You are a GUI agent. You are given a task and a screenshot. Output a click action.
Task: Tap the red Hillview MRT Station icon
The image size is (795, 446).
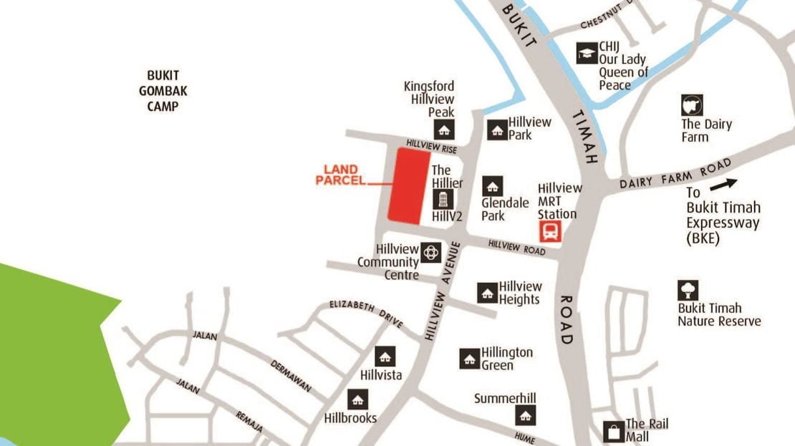point(550,231)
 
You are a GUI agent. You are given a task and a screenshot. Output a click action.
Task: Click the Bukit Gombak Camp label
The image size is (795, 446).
point(163,91)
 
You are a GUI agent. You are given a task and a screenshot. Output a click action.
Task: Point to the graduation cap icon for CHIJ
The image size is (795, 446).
point(587,53)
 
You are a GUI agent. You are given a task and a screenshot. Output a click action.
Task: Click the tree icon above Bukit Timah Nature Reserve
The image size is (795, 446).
point(688,290)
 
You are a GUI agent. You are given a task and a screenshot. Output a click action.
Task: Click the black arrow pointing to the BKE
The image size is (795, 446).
point(723,184)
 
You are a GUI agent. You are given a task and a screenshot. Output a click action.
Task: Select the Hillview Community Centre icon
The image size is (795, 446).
point(431,252)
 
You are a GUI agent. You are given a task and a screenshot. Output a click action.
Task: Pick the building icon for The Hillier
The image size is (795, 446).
point(443,199)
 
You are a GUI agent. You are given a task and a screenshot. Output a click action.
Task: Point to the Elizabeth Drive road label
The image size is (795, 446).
point(366,314)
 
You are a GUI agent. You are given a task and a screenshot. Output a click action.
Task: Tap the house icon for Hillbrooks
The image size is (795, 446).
point(357,399)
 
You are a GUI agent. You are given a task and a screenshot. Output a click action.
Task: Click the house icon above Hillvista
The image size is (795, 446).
point(385,357)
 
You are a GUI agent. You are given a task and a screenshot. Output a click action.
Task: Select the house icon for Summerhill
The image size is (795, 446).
point(526,415)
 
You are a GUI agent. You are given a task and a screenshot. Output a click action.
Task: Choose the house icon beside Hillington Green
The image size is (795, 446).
point(469,359)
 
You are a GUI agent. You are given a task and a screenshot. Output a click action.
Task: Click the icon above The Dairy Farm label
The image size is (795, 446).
point(692,105)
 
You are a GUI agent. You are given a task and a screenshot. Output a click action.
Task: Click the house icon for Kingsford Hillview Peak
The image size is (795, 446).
point(444,130)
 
